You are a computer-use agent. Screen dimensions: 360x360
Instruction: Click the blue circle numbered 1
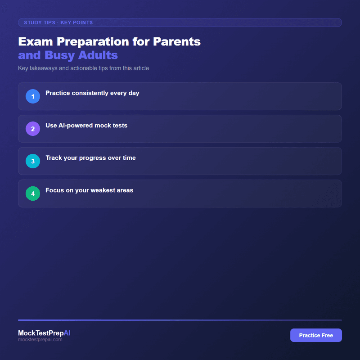[x=33, y=96]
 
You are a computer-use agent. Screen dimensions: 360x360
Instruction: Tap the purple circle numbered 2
[x=33, y=129]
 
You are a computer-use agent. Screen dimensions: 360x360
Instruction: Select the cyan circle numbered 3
[x=33, y=161]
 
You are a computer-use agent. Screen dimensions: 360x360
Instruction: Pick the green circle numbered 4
[x=33, y=193]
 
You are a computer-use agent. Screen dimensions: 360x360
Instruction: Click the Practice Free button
[x=316, y=335]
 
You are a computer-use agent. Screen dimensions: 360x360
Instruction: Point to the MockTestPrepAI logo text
[x=44, y=333]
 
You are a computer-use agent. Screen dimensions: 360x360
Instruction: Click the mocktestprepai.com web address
[x=40, y=340]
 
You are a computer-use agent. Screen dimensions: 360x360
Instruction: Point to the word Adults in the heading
[x=99, y=55]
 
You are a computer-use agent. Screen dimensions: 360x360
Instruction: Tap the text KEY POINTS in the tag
[x=76, y=22]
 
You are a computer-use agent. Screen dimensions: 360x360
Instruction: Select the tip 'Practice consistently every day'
[x=92, y=93]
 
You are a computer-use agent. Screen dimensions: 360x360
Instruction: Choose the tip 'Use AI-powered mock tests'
[x=86, y=126]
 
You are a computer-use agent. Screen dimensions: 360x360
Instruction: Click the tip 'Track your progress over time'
[x=90, y=158]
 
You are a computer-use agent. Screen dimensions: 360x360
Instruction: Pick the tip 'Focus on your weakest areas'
[x=89, y=190]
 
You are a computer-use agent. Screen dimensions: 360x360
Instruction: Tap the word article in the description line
[x=140, y=68]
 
